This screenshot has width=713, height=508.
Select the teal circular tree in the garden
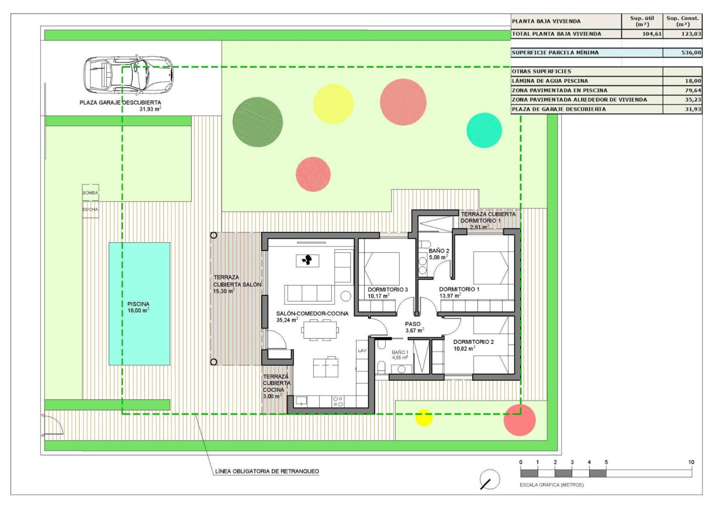point(484,130)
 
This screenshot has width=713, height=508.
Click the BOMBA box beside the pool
point(91,192)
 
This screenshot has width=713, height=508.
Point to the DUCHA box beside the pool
point(91,209)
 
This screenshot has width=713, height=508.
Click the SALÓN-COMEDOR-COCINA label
point(312,314)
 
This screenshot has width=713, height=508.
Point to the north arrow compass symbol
point(490,481)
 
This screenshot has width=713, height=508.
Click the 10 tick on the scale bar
point(692,462)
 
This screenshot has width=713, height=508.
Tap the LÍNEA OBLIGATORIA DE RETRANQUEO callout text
point(267,471)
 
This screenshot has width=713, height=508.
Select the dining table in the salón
point(320,330)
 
